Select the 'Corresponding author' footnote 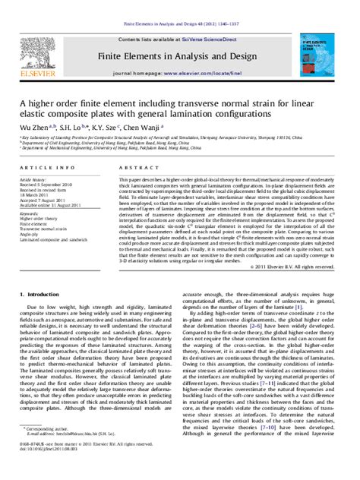(49, 451)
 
